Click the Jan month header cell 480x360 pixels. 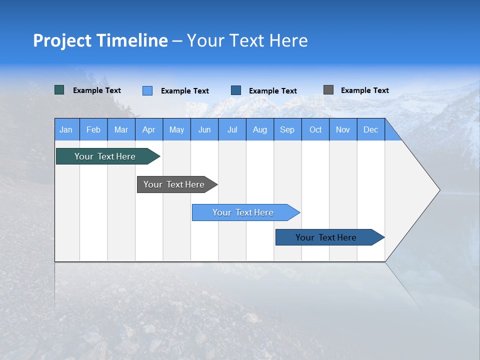click(x=66, y=129)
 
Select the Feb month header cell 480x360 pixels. click(x=93, y=129)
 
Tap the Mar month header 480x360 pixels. click(x=121, y=129)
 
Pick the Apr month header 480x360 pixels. click(x=149, y=129)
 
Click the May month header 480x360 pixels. click(x=176, y=129)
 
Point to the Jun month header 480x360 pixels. click(x=204, y=129)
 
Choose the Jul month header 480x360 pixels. click(x=232, y=129)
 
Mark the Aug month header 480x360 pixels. click(x=260, y=129)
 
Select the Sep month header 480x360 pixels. click(x=287, y=129)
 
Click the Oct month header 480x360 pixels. click(x=315, y=129)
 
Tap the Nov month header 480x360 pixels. click(x=343, y=129)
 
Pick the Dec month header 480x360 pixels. click(x=371, y=129)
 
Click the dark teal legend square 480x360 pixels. click(x=59, y=90)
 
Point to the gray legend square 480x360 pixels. click(x=328, y=90)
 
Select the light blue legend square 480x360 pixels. click(x=147, y=90)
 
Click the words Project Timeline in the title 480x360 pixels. click(x=100, y=40)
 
